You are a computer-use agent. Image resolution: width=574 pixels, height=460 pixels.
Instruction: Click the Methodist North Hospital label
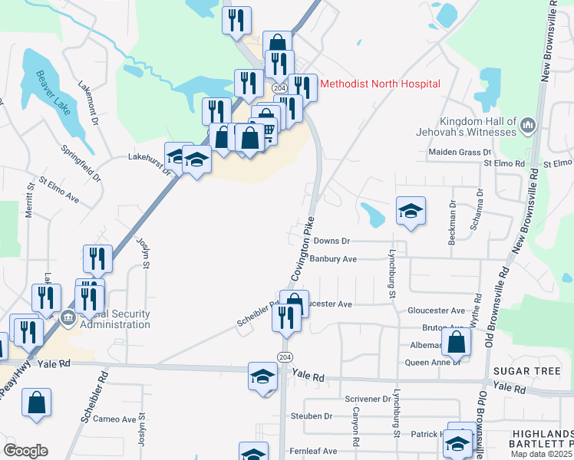pyautogui.click(x=379, y=84)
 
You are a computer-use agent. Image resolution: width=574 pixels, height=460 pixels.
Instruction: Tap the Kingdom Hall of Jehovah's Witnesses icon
pyautogui.click(x=527, y=125)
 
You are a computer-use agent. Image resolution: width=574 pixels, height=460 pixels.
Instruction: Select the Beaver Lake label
pyautogui.click(x=52, y=93)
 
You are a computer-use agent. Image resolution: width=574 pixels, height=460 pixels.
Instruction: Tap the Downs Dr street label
pyautogui.click(x=332, y=241)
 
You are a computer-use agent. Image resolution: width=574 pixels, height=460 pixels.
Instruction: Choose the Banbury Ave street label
pyautogui.click(x=334, y=259)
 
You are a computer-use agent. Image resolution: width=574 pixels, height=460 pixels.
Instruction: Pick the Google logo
pyautogui.click(x=25, y=451)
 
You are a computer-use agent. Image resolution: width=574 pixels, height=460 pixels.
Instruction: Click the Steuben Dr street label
pyautogui.click(x=311, y=416)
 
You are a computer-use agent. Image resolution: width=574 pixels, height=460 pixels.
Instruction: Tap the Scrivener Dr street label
pyautogui.click(x=368, y=399)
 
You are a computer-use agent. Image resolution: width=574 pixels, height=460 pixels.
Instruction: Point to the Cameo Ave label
pyautogui.click(x=114, y=419)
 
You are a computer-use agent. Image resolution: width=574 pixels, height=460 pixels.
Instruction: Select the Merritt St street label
pyautogui.click(x=30, y=199)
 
